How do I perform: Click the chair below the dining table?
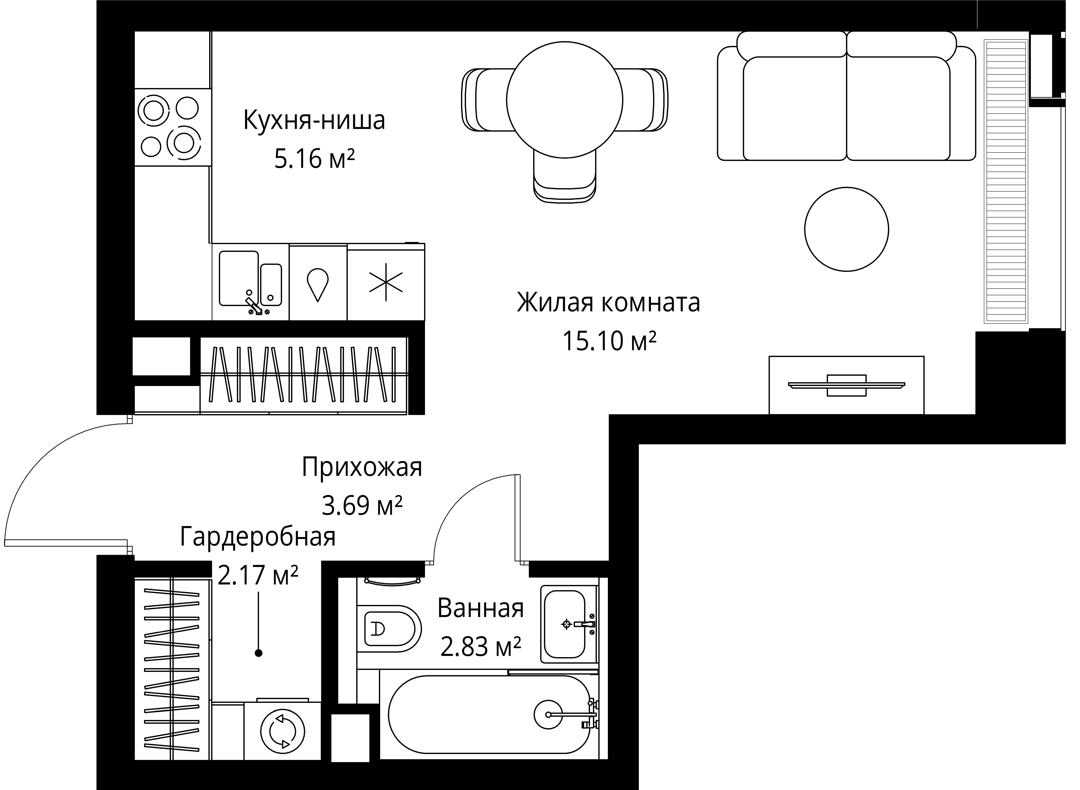565,176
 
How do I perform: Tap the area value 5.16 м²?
314,159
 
